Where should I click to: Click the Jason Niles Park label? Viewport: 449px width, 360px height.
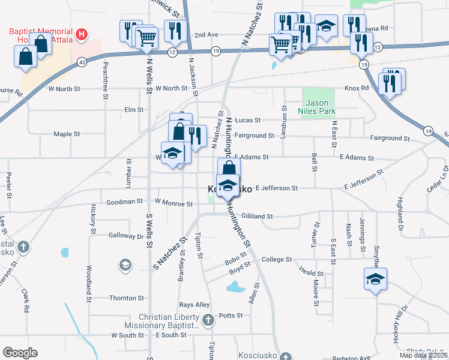[x=318, y=106]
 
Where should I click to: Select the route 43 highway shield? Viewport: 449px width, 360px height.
[x=81, y=61]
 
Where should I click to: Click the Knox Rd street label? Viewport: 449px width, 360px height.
[x=356, y=88]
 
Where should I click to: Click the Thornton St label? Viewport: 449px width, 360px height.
[x=126, y=298]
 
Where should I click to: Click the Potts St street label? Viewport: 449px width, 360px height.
[x=231, y=315]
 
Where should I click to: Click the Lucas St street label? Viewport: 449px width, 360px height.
[x=247, y=120]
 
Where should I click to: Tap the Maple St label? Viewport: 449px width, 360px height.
[x=67, y=134]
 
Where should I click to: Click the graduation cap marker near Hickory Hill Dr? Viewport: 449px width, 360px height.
[x=375, y=279]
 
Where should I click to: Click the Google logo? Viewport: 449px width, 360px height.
[x=20, y=352]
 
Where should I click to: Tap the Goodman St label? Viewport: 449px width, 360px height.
[x=127, y=202]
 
